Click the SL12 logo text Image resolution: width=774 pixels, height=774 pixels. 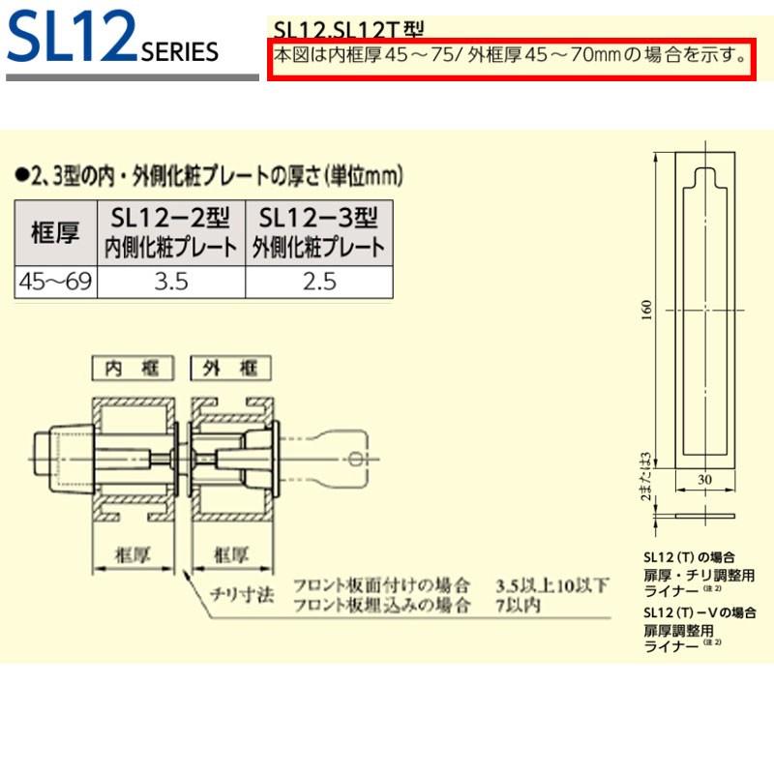[70, 37]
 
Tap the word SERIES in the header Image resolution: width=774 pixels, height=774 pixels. [180, 52]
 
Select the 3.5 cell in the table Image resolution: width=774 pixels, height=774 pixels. [174, 282]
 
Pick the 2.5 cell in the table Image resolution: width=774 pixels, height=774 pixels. [318, 282]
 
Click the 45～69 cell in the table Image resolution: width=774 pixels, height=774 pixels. [56, 282]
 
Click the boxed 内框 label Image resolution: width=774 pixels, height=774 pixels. [132, 368]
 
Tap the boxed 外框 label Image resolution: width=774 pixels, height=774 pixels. [231, 368]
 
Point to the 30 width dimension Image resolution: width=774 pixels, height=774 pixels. [703, 479]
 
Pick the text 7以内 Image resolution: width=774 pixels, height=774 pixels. [518, 607]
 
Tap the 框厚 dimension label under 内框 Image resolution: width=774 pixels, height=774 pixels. [132, 555]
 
